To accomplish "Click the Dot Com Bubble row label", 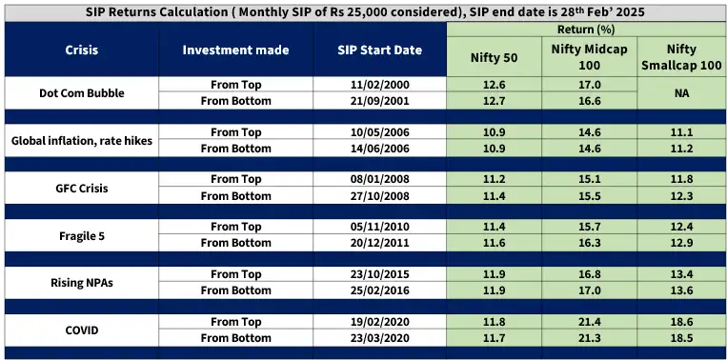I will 81,92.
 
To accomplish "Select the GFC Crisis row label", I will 81,188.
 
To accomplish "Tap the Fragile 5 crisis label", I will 81,234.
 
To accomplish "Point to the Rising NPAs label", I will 81,282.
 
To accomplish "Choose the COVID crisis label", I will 81,330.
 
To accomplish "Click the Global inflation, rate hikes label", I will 81,140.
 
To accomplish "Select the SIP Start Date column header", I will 379,50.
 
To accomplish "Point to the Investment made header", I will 235,50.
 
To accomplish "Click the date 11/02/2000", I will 379,85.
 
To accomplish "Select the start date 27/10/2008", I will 379,195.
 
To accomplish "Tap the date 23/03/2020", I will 379,337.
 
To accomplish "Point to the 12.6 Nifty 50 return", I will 494,85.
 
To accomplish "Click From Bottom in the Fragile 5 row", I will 235,243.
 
